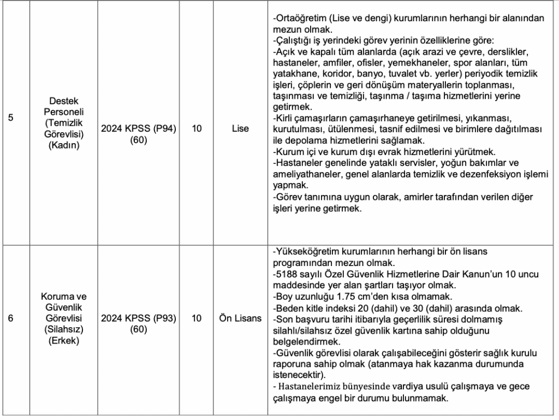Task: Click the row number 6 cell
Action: click(11, 318)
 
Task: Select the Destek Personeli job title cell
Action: click(64, 123)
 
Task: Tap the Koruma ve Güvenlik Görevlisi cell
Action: click(64, 318)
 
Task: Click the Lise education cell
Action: click(240, 129)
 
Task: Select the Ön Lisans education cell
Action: click(240, 318)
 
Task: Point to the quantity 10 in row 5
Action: click(198, 129)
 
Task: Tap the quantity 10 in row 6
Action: click(198, 318)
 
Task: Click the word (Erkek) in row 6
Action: click(64, 341)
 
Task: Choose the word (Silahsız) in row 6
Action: click(64, 329)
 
